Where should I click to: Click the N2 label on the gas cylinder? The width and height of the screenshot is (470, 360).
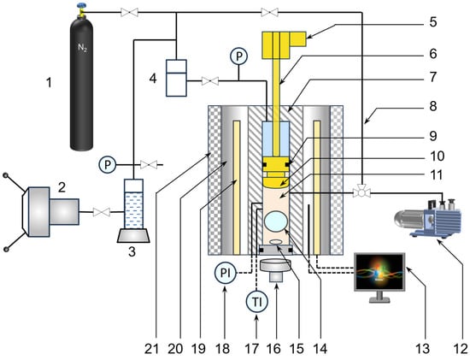tap(82, 47)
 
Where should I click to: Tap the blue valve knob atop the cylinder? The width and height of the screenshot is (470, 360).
tap(80, 5)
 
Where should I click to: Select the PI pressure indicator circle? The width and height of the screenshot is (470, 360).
tap(226, 274)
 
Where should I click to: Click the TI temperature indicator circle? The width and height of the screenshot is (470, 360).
tap(257, 302)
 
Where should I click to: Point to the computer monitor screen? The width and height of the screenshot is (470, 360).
tap(379, 271)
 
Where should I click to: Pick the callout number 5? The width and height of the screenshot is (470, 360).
tap(433, 22)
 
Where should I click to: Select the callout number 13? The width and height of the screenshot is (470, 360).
tap(423, 349)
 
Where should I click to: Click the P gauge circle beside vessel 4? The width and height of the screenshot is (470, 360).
tap(238, 56)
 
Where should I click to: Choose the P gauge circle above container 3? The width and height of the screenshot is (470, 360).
tap(108, 164)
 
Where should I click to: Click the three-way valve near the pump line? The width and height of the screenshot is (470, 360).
tap(361, 192)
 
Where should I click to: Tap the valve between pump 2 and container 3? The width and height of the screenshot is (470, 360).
tap(102, 212)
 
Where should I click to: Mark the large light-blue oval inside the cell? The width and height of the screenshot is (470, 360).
tap(276, 221)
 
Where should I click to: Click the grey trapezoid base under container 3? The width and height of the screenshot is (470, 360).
tap(133, 235)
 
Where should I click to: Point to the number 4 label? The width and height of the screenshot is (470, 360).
tap(153, 79)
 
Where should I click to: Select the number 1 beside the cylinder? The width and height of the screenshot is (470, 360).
tap(49, 82)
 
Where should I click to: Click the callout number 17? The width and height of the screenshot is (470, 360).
tap(251, 349)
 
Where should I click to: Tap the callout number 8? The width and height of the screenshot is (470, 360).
tap(433, 106)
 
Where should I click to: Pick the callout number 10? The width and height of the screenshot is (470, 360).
tap(437, 156)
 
